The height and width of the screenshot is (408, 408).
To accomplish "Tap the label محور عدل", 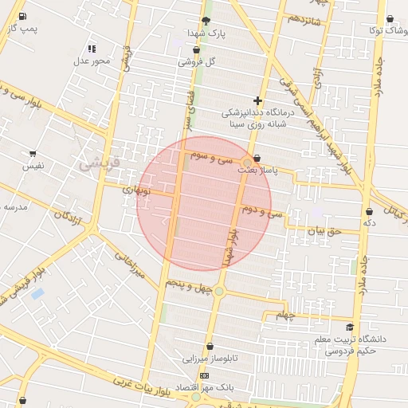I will pos(91,61).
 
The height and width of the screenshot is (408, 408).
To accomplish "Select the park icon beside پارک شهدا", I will pos(206,21).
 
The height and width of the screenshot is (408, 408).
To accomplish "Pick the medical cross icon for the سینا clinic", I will pos(257,100).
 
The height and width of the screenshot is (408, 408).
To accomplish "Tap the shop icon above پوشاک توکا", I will pos(390,19).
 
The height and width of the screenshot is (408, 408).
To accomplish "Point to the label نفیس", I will pos(33,166).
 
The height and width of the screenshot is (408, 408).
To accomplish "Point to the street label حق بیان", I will pos(324,231).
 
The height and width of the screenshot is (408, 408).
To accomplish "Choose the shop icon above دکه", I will pos(369,211).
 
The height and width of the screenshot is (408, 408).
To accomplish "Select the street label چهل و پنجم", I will pos(189,284).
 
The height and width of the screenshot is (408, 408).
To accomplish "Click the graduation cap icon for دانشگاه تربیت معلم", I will pos(349,327).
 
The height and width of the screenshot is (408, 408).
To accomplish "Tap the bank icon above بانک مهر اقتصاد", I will pos(205,375).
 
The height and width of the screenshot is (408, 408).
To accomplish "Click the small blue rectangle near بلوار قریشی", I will pos(37,294).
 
